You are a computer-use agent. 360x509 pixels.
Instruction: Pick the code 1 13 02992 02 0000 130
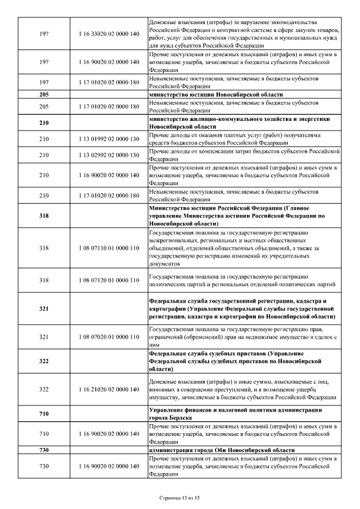tap(109, 155)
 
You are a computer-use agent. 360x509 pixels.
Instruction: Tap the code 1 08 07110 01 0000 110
tap(109, 248)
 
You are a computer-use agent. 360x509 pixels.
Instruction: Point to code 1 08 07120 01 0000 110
tap(109, 280)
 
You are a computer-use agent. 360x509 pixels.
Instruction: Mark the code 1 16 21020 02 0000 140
tap(109, 389)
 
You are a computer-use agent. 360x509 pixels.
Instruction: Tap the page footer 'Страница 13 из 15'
tap(180, 498)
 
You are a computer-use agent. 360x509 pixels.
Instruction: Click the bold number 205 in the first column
tap(44, 94)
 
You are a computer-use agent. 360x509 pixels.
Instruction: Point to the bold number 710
tap(44, 414)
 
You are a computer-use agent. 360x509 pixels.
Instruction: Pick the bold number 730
tap(44, 451)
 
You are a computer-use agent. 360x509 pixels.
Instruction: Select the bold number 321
tap(44, 309)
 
